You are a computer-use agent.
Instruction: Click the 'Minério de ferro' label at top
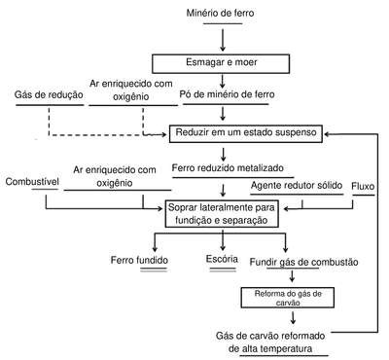click(220, 13)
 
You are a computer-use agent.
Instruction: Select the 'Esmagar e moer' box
click(221, 64)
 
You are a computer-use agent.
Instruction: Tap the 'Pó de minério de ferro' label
click(227, 94)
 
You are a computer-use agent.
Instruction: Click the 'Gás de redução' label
click(49, 94)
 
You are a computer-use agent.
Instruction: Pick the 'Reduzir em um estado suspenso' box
click(246, 133)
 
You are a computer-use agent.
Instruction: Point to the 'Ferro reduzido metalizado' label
click(228, 167)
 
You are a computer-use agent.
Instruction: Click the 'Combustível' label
click(32, 181)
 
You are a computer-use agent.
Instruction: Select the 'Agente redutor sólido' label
click(297, 185)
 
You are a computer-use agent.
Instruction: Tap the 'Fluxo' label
click(363, 186)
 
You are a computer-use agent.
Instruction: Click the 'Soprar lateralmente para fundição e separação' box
click(222, 214)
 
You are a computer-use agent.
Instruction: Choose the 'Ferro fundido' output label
click(139, 260)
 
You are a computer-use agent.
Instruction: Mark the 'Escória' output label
click(222, 259)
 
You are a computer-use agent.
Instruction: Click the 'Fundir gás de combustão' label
click(303, 262)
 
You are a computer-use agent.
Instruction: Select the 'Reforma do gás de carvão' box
click(288, 298)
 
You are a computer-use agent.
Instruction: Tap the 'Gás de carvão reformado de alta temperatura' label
click(270, 342)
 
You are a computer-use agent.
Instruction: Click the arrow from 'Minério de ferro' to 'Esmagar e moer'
click(223, 40)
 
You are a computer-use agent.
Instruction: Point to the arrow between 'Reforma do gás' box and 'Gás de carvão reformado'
click(293, 317)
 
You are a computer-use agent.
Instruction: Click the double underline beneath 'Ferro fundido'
click(154, 270)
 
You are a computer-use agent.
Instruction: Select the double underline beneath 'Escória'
click(223, 269)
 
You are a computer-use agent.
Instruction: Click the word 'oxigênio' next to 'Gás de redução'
click(131, 96)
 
